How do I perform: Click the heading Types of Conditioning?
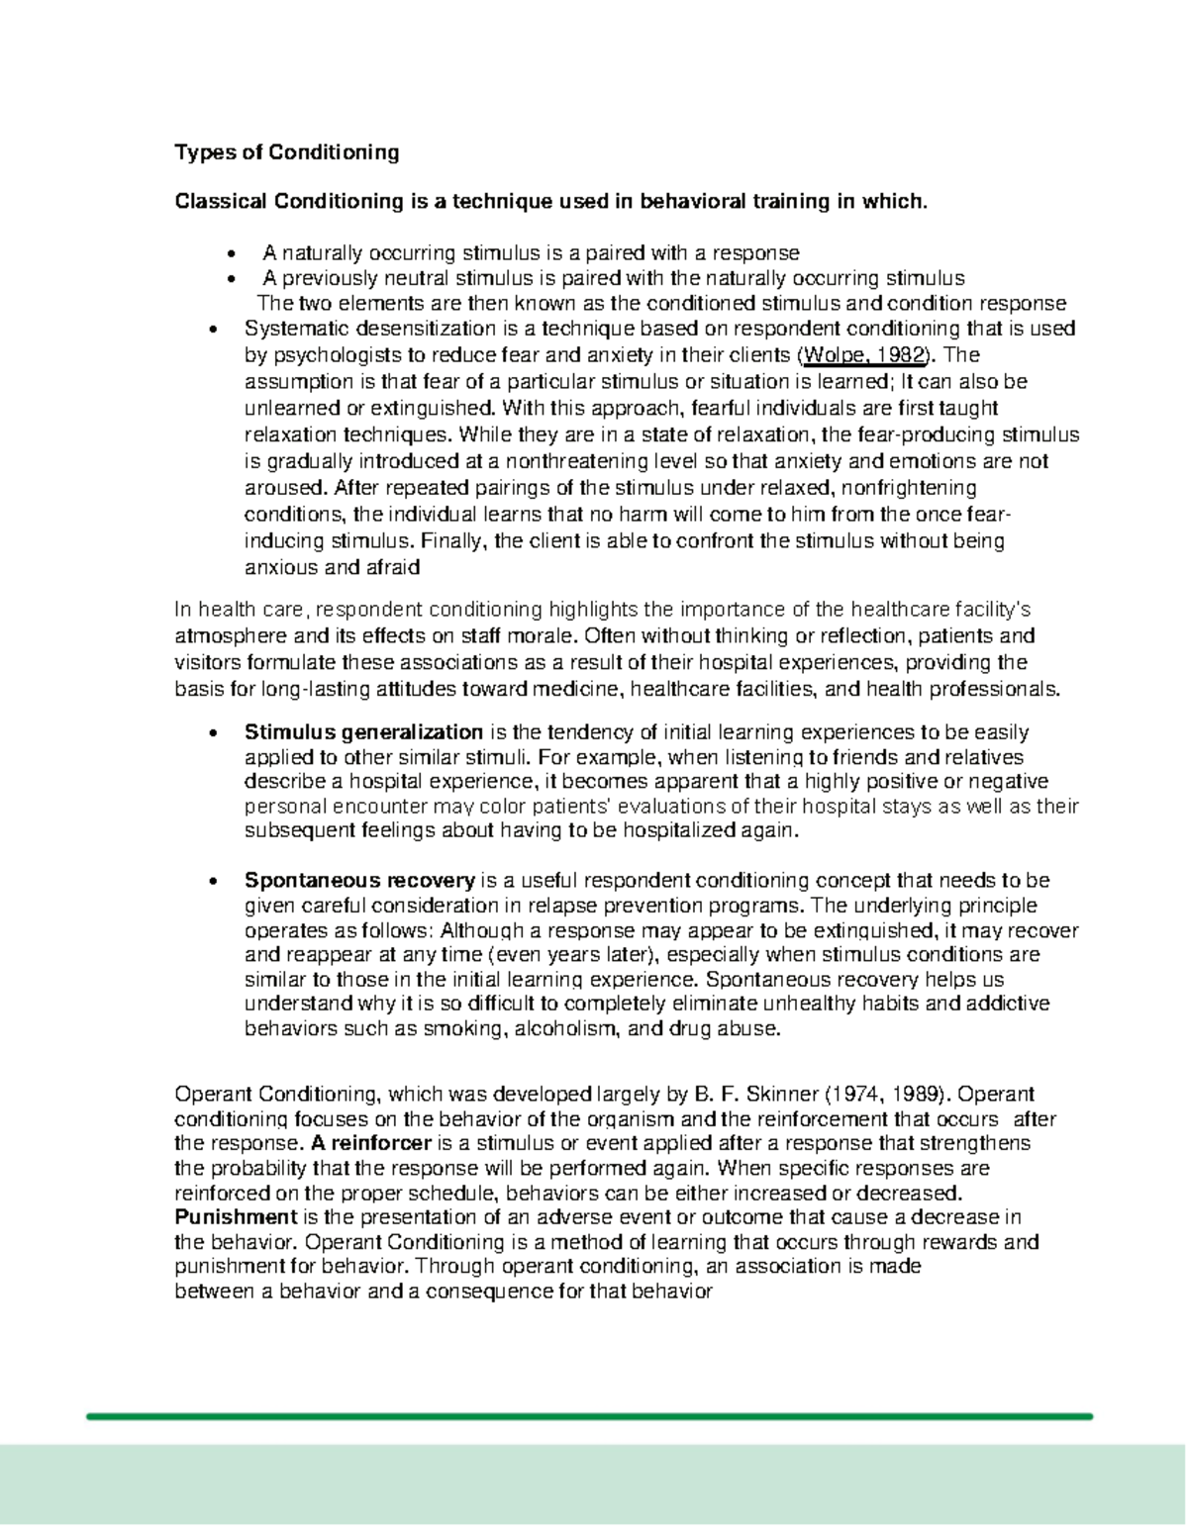tap(286, 152)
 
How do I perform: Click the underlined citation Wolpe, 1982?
tap(863, 355)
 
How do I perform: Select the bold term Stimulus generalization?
tap(363, 733)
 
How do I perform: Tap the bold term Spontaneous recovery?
tap(359, 881)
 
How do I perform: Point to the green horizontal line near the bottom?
tap(588, 1416)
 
